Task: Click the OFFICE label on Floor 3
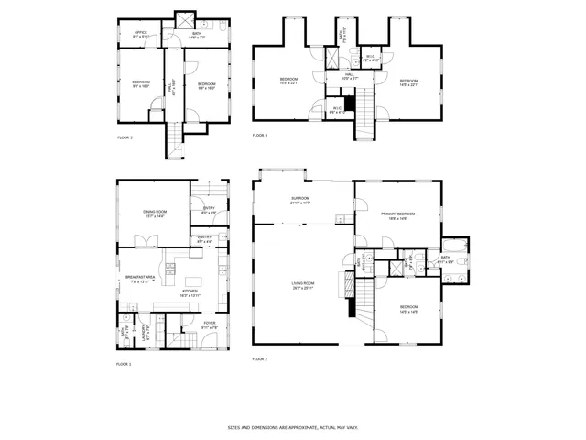[141, 35]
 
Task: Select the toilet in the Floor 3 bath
[222, 27]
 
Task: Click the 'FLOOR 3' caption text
[125, 137]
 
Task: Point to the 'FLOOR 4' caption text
[260, 135]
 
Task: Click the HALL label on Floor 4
[350, 77]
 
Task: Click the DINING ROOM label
[154, 214]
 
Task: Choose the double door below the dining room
[144, 242]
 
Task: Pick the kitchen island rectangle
[194, 281]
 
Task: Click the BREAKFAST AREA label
[138, 278]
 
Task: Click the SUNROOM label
[300, 200]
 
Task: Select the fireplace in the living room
[351, 304]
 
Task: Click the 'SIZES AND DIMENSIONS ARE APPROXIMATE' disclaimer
[293, 427]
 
